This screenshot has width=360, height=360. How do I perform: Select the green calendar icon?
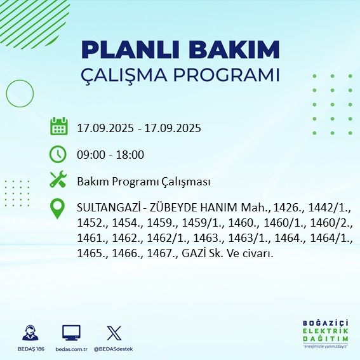click(58, 127)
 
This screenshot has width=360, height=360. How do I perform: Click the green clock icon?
click(58, 154)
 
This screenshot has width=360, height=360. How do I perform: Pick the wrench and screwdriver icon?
click(58, 180)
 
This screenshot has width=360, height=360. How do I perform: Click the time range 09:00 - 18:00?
click(110, 154)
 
